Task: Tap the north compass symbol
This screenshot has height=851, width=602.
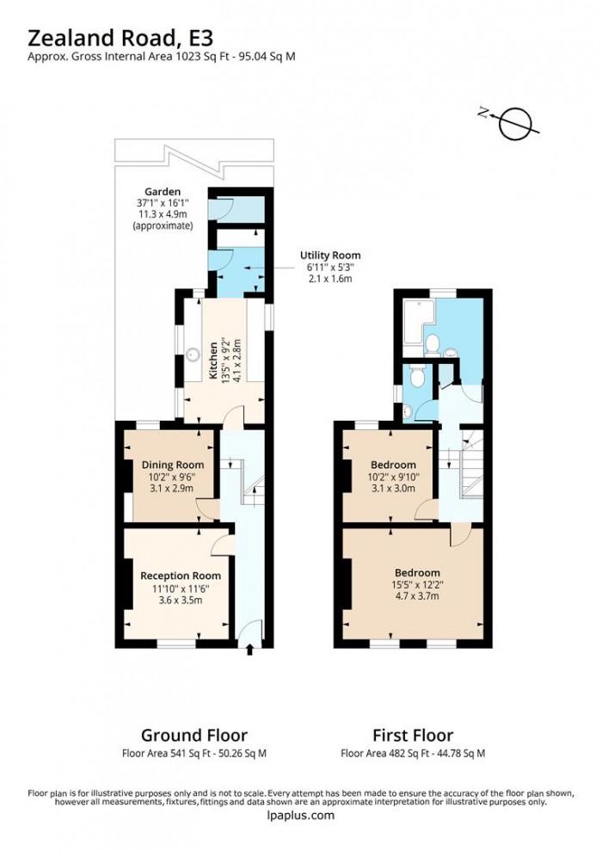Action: pos(514,123)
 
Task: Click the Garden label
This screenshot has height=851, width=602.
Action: pos(163,192)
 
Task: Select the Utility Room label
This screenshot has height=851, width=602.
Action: pos(329,256)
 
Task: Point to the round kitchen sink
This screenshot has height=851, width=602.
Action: pos(194,353)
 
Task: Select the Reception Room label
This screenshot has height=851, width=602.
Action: pos(181,576)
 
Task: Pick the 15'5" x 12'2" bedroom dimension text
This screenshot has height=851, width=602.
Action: pos(417,585)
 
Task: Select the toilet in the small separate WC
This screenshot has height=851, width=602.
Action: pos(415,376)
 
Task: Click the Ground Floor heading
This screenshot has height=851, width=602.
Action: pos(193,735)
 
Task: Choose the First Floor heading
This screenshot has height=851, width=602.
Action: pos(412,735)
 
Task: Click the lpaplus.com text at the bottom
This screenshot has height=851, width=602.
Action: pos(300,816)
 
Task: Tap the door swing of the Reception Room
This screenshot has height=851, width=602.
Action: pos(221,542)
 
